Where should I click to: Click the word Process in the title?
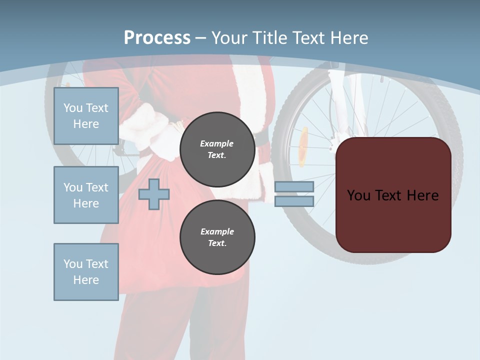pos(157,37)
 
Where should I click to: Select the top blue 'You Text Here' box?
pos(86,116)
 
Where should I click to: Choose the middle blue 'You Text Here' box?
pos(86,195)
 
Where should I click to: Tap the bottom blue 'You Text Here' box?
pos(86,272)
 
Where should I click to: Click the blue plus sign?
pos(154,194)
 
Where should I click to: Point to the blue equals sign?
pos(294,194)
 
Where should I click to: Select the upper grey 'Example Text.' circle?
pos(217,149)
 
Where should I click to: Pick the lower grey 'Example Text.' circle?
pos(217,237)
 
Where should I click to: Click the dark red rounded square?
pos(393,195)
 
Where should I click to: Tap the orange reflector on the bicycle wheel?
pos(303,146)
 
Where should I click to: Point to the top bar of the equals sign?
pos(294,187)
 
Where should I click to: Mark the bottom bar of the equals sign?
pos(294,201)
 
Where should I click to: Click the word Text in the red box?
pos(393,195)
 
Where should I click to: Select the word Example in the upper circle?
pos(217,143)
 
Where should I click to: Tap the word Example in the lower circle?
pos(217,231)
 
